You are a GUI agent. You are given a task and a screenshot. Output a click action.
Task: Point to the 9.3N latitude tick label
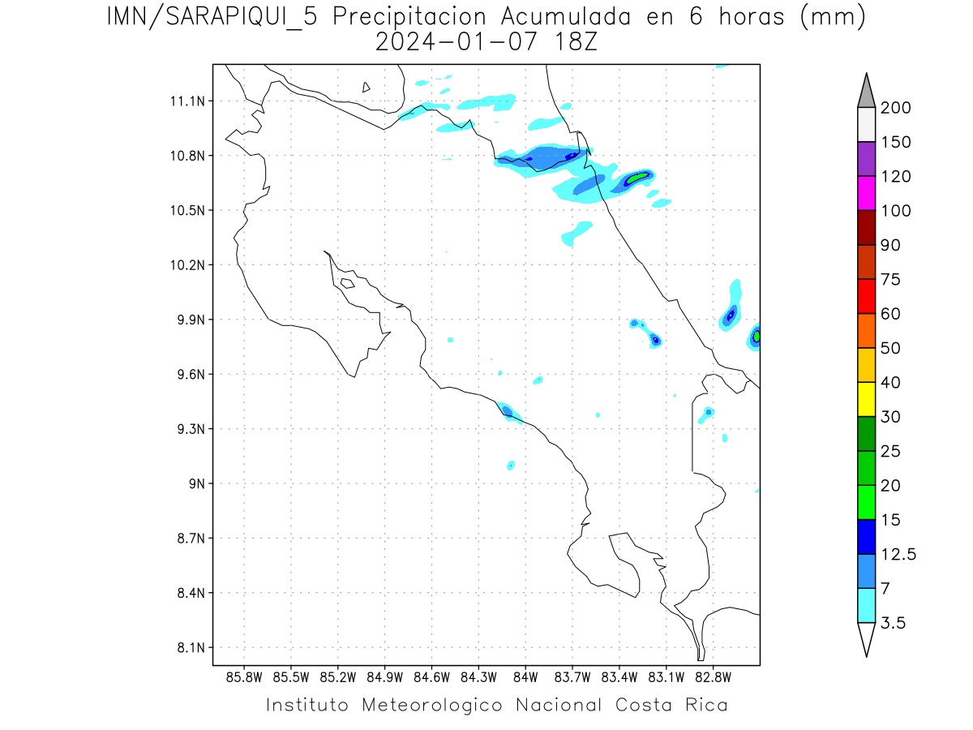click(x=189, y=429)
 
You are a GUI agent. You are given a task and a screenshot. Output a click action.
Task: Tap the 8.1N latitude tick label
click(x=189, y=648)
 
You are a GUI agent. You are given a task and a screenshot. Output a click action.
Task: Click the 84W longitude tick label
click(x=525, y=676)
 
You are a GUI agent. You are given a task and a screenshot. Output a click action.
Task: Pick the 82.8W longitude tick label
click(x=713, y=676)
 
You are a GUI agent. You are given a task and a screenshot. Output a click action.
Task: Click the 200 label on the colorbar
click(x=895, y=108)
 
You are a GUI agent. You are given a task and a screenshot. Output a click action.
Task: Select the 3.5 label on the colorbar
click(x=892, y=624)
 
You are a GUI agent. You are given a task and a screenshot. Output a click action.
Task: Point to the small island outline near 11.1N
click(x=366, y=87)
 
